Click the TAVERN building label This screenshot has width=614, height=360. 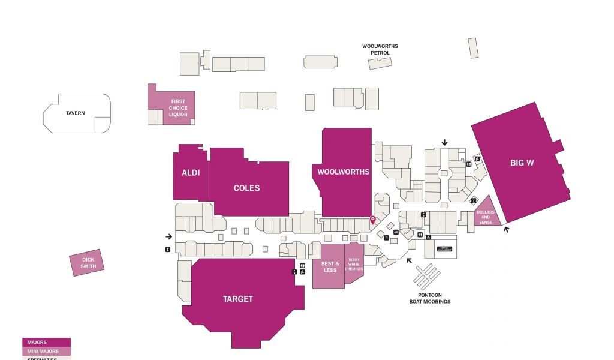pos(76,113)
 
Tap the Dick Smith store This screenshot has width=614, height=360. pos(88,262)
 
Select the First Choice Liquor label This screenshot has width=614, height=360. pos(178,107)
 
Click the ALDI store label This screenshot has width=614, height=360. pos(191,173)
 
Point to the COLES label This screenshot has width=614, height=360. pos(246,188)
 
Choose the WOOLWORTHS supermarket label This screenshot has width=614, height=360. pos(344,172)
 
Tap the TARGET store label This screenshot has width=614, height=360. pos(238,299)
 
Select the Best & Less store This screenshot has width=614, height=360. pos(330,266)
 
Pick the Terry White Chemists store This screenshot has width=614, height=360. pos(354,264)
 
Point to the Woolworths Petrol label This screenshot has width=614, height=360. pos(380,49)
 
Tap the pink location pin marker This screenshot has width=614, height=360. pos(372,220)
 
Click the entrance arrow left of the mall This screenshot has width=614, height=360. pos(168,236)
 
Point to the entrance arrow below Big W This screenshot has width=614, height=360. pos(507,229)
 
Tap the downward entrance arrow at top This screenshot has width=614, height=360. pos(444,142)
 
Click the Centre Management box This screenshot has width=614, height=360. pos(444,249)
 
